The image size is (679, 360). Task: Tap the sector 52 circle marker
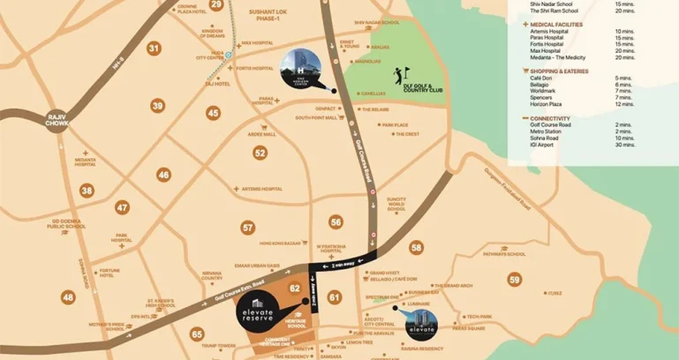click(x=260, y=153)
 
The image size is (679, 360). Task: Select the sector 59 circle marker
click(x=514, y=281)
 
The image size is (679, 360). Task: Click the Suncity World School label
click(x=396, y=205)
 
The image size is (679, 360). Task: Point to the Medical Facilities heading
click(x=551, y=24)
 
